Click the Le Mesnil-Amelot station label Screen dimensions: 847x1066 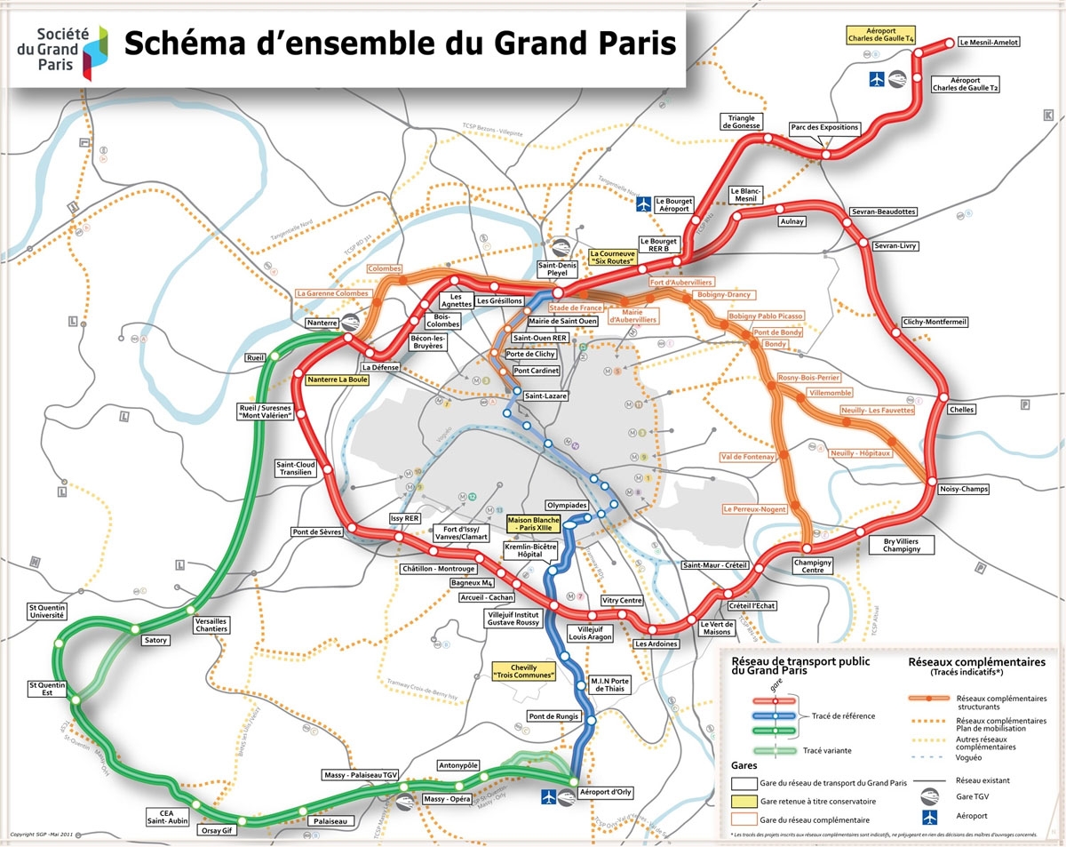pos(989,42)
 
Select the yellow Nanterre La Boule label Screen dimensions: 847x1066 pos(337,379)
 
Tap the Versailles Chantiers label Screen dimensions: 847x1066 pos(211,625)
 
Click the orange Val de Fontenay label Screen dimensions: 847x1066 pos(748,457)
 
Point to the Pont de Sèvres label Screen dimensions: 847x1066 pos(316,532)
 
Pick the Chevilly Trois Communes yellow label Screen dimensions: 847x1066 pos(523,671)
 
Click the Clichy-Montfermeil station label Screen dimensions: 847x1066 pos(935,322)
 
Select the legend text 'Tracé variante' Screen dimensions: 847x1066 pos(827,750)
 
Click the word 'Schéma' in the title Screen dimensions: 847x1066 pos(187,43)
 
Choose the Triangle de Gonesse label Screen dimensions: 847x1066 pos(744,122)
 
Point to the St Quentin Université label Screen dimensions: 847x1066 pos(47,611)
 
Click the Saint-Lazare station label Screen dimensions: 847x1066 pos(545,396)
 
